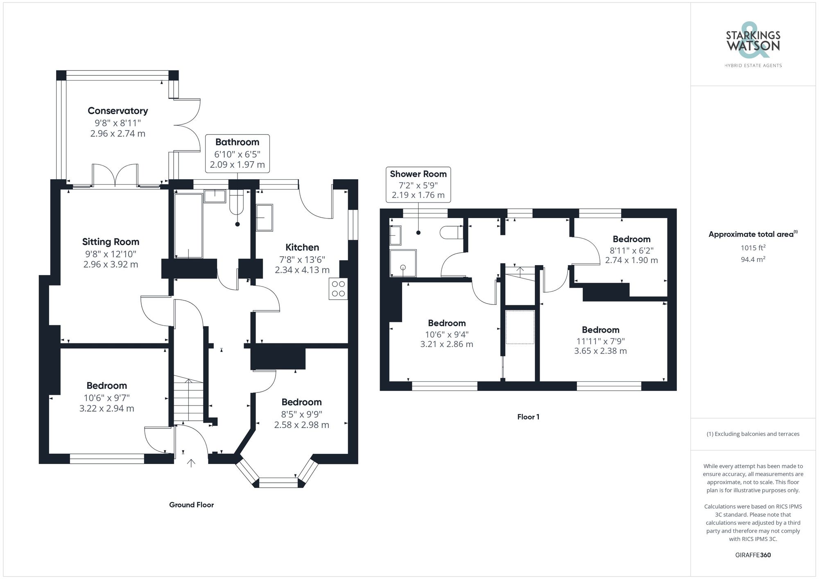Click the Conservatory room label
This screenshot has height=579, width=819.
click(x=118, y=111)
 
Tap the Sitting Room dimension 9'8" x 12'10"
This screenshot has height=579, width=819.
click(x=111, y=254)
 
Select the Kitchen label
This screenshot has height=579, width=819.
click(x=302, y=247)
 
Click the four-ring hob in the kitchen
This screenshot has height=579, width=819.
click(x=338, y=289)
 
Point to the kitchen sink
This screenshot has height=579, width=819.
click(x=265, y=218)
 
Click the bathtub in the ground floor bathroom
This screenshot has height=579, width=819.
click(x=188, y=225)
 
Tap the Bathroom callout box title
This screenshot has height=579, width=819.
click(x=237, y=142)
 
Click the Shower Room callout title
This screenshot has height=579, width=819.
click(x=418, y=174)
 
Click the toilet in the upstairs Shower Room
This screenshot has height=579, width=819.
click(x=450, y=233)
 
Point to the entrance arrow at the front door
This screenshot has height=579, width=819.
click(x=191, y=463)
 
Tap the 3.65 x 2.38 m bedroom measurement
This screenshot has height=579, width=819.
click(x=600, y=351)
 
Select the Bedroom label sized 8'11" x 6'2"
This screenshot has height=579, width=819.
click(x=631, y=239)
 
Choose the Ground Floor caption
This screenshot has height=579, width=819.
click(x=191, y=505)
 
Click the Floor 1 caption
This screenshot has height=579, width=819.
click(x=528, y=417)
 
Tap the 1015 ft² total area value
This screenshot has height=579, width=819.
click(x=753, y=248)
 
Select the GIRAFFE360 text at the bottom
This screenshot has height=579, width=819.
click(x=753, y=555)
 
